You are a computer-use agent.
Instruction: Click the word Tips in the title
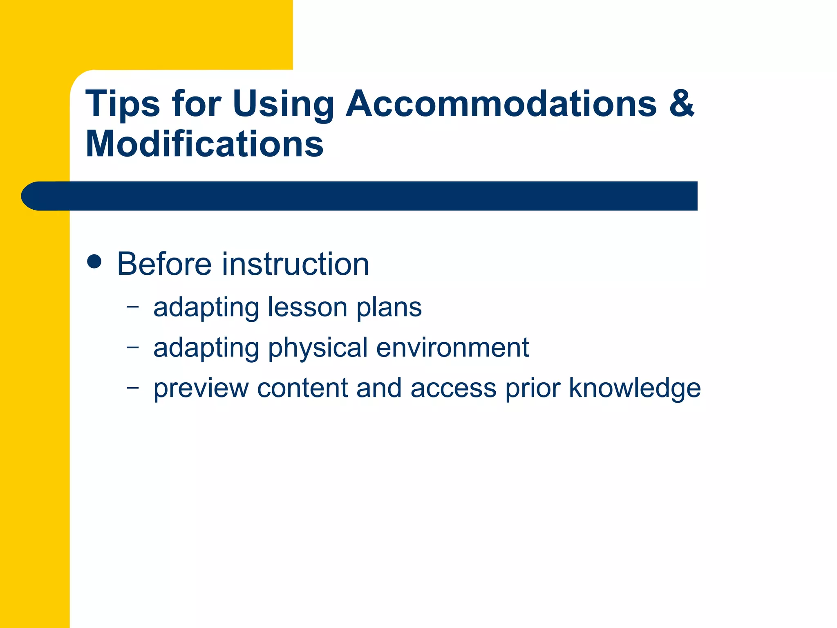(x=123, y=104)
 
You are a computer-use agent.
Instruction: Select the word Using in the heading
(x=283, y=104)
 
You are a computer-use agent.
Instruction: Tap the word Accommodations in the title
(x=501, y=104)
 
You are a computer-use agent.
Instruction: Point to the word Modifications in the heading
(x=204, y=144)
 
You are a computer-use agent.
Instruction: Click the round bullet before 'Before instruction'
(x=94, y=261)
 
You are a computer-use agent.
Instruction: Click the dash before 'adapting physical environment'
(x=132, y=347)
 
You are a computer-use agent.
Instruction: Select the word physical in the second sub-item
(x=318, y=348)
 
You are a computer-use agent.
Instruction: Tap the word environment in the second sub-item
(x=452, y=348)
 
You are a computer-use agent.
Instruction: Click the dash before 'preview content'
(x=132, y=387)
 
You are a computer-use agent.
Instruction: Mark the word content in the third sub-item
(x=302, y=388)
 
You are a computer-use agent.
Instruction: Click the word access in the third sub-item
(x=453, y=388)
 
